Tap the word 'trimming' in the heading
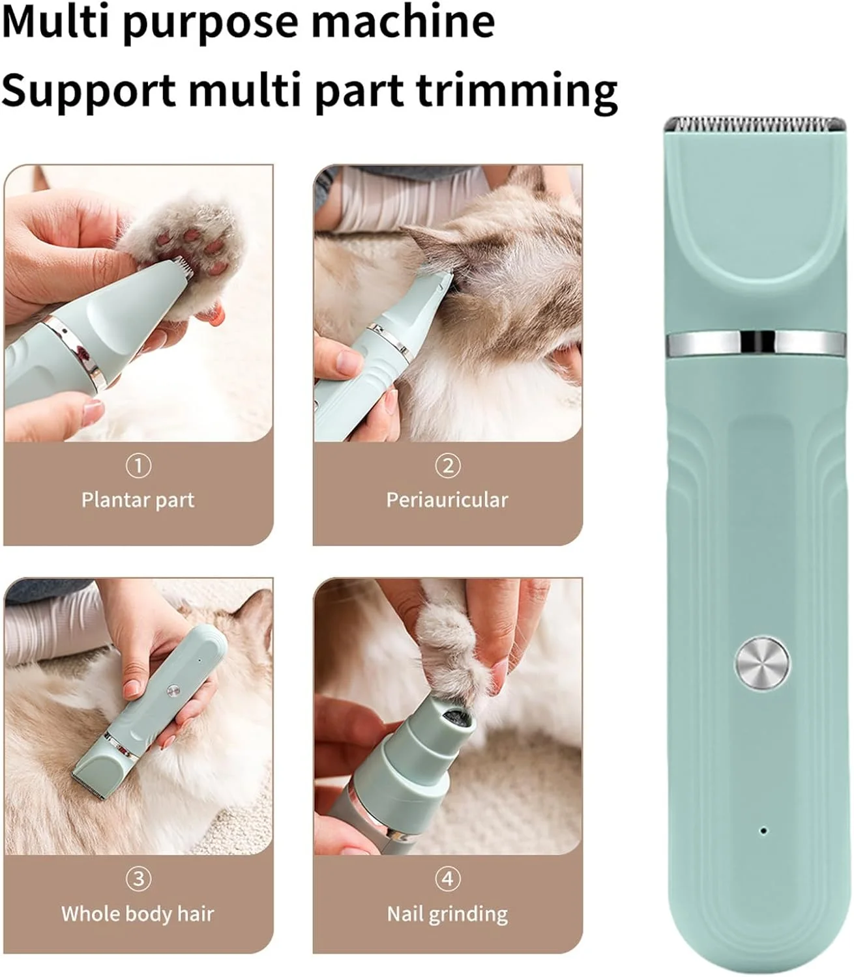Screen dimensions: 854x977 (x=516, y=92)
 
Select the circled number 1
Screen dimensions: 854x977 (x=138, y=466)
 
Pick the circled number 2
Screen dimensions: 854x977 (x=448, y=466)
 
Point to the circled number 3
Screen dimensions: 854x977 (x=138, y=879)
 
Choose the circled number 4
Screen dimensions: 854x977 (x=448, y=879)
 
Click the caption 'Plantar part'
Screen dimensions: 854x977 (x=138, y=500)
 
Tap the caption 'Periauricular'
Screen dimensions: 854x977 (x=447, y=500)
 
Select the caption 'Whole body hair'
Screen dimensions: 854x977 (x=138, y=914)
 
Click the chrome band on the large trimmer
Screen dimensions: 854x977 (x=756, y=343)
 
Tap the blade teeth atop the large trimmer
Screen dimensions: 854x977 (x=755, y=124)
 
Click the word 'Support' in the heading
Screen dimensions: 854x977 (x=89, y=92)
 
